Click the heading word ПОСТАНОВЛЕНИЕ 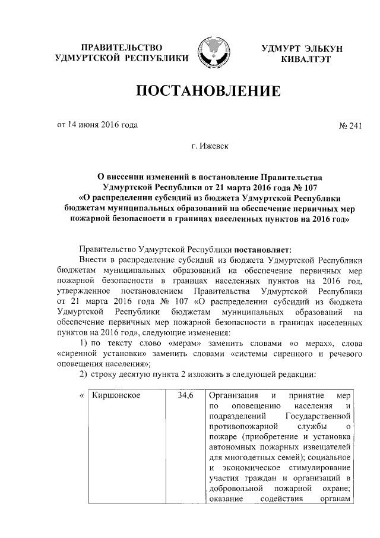[208, 92]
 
